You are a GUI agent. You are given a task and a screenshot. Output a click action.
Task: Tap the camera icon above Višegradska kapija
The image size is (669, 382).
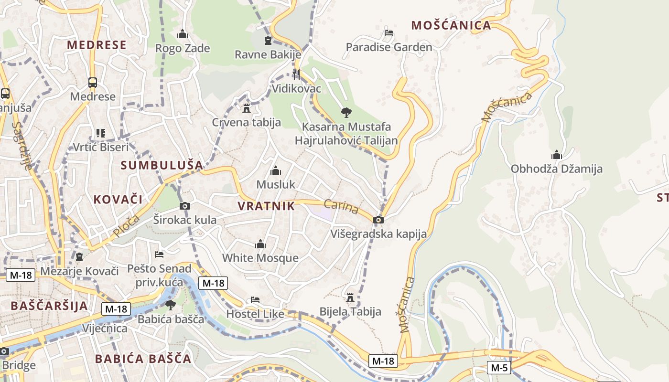tap(378, 220)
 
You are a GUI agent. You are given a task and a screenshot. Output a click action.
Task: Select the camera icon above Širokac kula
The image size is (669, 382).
tap(185, 206)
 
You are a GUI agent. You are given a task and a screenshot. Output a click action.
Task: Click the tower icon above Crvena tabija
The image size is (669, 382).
tap(247, 108)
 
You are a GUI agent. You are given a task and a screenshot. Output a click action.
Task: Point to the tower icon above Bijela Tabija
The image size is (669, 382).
tap(350, 297)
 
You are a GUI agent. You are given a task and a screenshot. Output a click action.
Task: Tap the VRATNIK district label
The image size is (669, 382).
tap(266, 206)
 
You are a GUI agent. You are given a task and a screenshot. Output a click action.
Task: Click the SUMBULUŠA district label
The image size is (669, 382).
tap(162, 165)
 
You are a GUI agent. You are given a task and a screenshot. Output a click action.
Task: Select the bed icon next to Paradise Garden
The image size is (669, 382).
tap(389, 33)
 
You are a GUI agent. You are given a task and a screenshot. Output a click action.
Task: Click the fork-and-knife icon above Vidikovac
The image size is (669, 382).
tap(296, 74)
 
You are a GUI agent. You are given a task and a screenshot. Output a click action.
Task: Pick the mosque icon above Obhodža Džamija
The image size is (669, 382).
tap(556, 155)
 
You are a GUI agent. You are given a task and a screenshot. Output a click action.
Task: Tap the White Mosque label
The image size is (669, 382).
tap(260, 258)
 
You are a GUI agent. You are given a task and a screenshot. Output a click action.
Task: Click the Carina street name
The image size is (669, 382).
tap(341, 207)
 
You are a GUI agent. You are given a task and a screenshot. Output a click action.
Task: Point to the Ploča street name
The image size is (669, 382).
tap(127, 226)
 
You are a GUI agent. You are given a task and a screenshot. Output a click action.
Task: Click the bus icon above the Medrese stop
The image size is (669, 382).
tap(93, 83)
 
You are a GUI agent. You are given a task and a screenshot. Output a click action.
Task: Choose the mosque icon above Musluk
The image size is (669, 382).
tap(276, 170)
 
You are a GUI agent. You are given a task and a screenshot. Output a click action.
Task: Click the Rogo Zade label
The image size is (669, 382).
tap(183, 48)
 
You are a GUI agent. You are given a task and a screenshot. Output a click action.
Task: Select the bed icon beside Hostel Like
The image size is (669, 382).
tap(255, 300)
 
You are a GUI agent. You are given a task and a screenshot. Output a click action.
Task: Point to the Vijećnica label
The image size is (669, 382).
tap(105, 329)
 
